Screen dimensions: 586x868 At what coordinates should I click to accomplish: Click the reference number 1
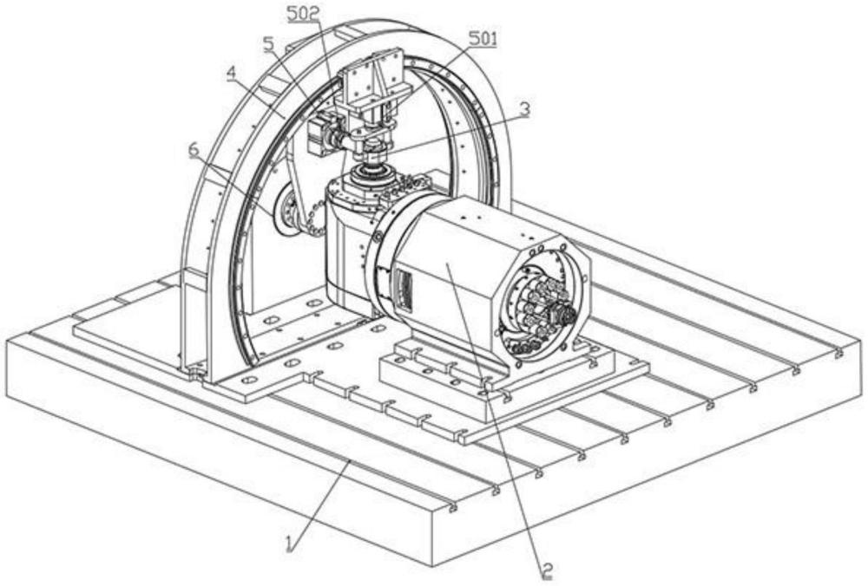click(292, 545)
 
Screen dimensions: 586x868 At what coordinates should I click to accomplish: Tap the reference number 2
click(546, 570)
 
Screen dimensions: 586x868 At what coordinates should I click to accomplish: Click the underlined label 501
click(483, 39)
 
